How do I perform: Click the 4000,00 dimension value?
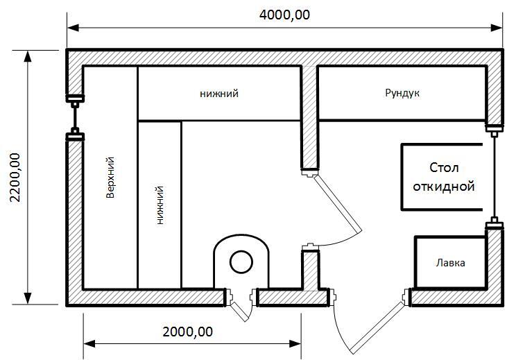click(284, 15)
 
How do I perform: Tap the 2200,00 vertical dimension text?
click(15, 178)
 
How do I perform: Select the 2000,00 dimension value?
click(188, 332)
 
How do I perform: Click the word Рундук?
click(402, 93)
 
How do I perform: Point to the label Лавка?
click(450, 263)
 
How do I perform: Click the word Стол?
click(444, 168)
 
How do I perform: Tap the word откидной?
click(444, 187)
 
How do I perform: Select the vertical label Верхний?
click(110, 178)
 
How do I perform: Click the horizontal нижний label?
click(219, 94)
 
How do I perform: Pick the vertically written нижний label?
click(160, 205)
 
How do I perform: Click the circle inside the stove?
click(241, 262)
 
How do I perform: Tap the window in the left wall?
click(75, 118)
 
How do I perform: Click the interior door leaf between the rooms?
click(338, 205)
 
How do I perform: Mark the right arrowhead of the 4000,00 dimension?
click(497, 28)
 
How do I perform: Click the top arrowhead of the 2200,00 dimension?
click(28, 56)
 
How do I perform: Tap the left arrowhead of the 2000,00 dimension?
click(89, 343)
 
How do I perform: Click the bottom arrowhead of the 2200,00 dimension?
click(28, 298)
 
